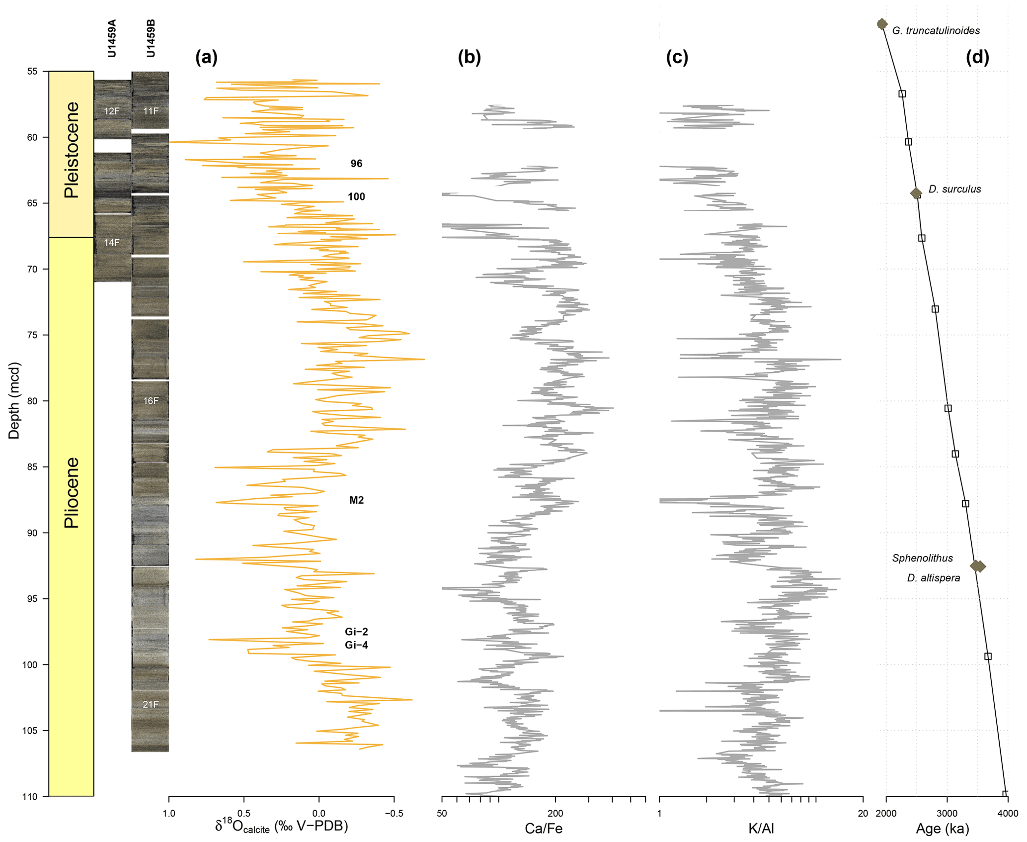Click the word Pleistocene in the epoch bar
(72, 150)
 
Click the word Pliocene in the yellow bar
(72, 492)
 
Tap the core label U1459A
(112, 38)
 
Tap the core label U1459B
(151, 38)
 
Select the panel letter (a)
(206, 58)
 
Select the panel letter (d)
(977, 58)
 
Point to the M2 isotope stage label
(356, 500)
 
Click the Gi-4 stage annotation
(356, 645)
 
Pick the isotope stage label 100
(356, 196)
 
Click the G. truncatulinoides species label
(936, 31)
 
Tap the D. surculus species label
(954, 189)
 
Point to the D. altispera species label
(933, 578)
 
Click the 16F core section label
(151, 401)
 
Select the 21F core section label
(151, 704)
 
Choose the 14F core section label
(112, 243)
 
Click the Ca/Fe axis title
(544, 829)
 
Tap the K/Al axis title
(761, 829)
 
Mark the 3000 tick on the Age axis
(947, 814)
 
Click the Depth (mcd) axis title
(14, 400)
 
